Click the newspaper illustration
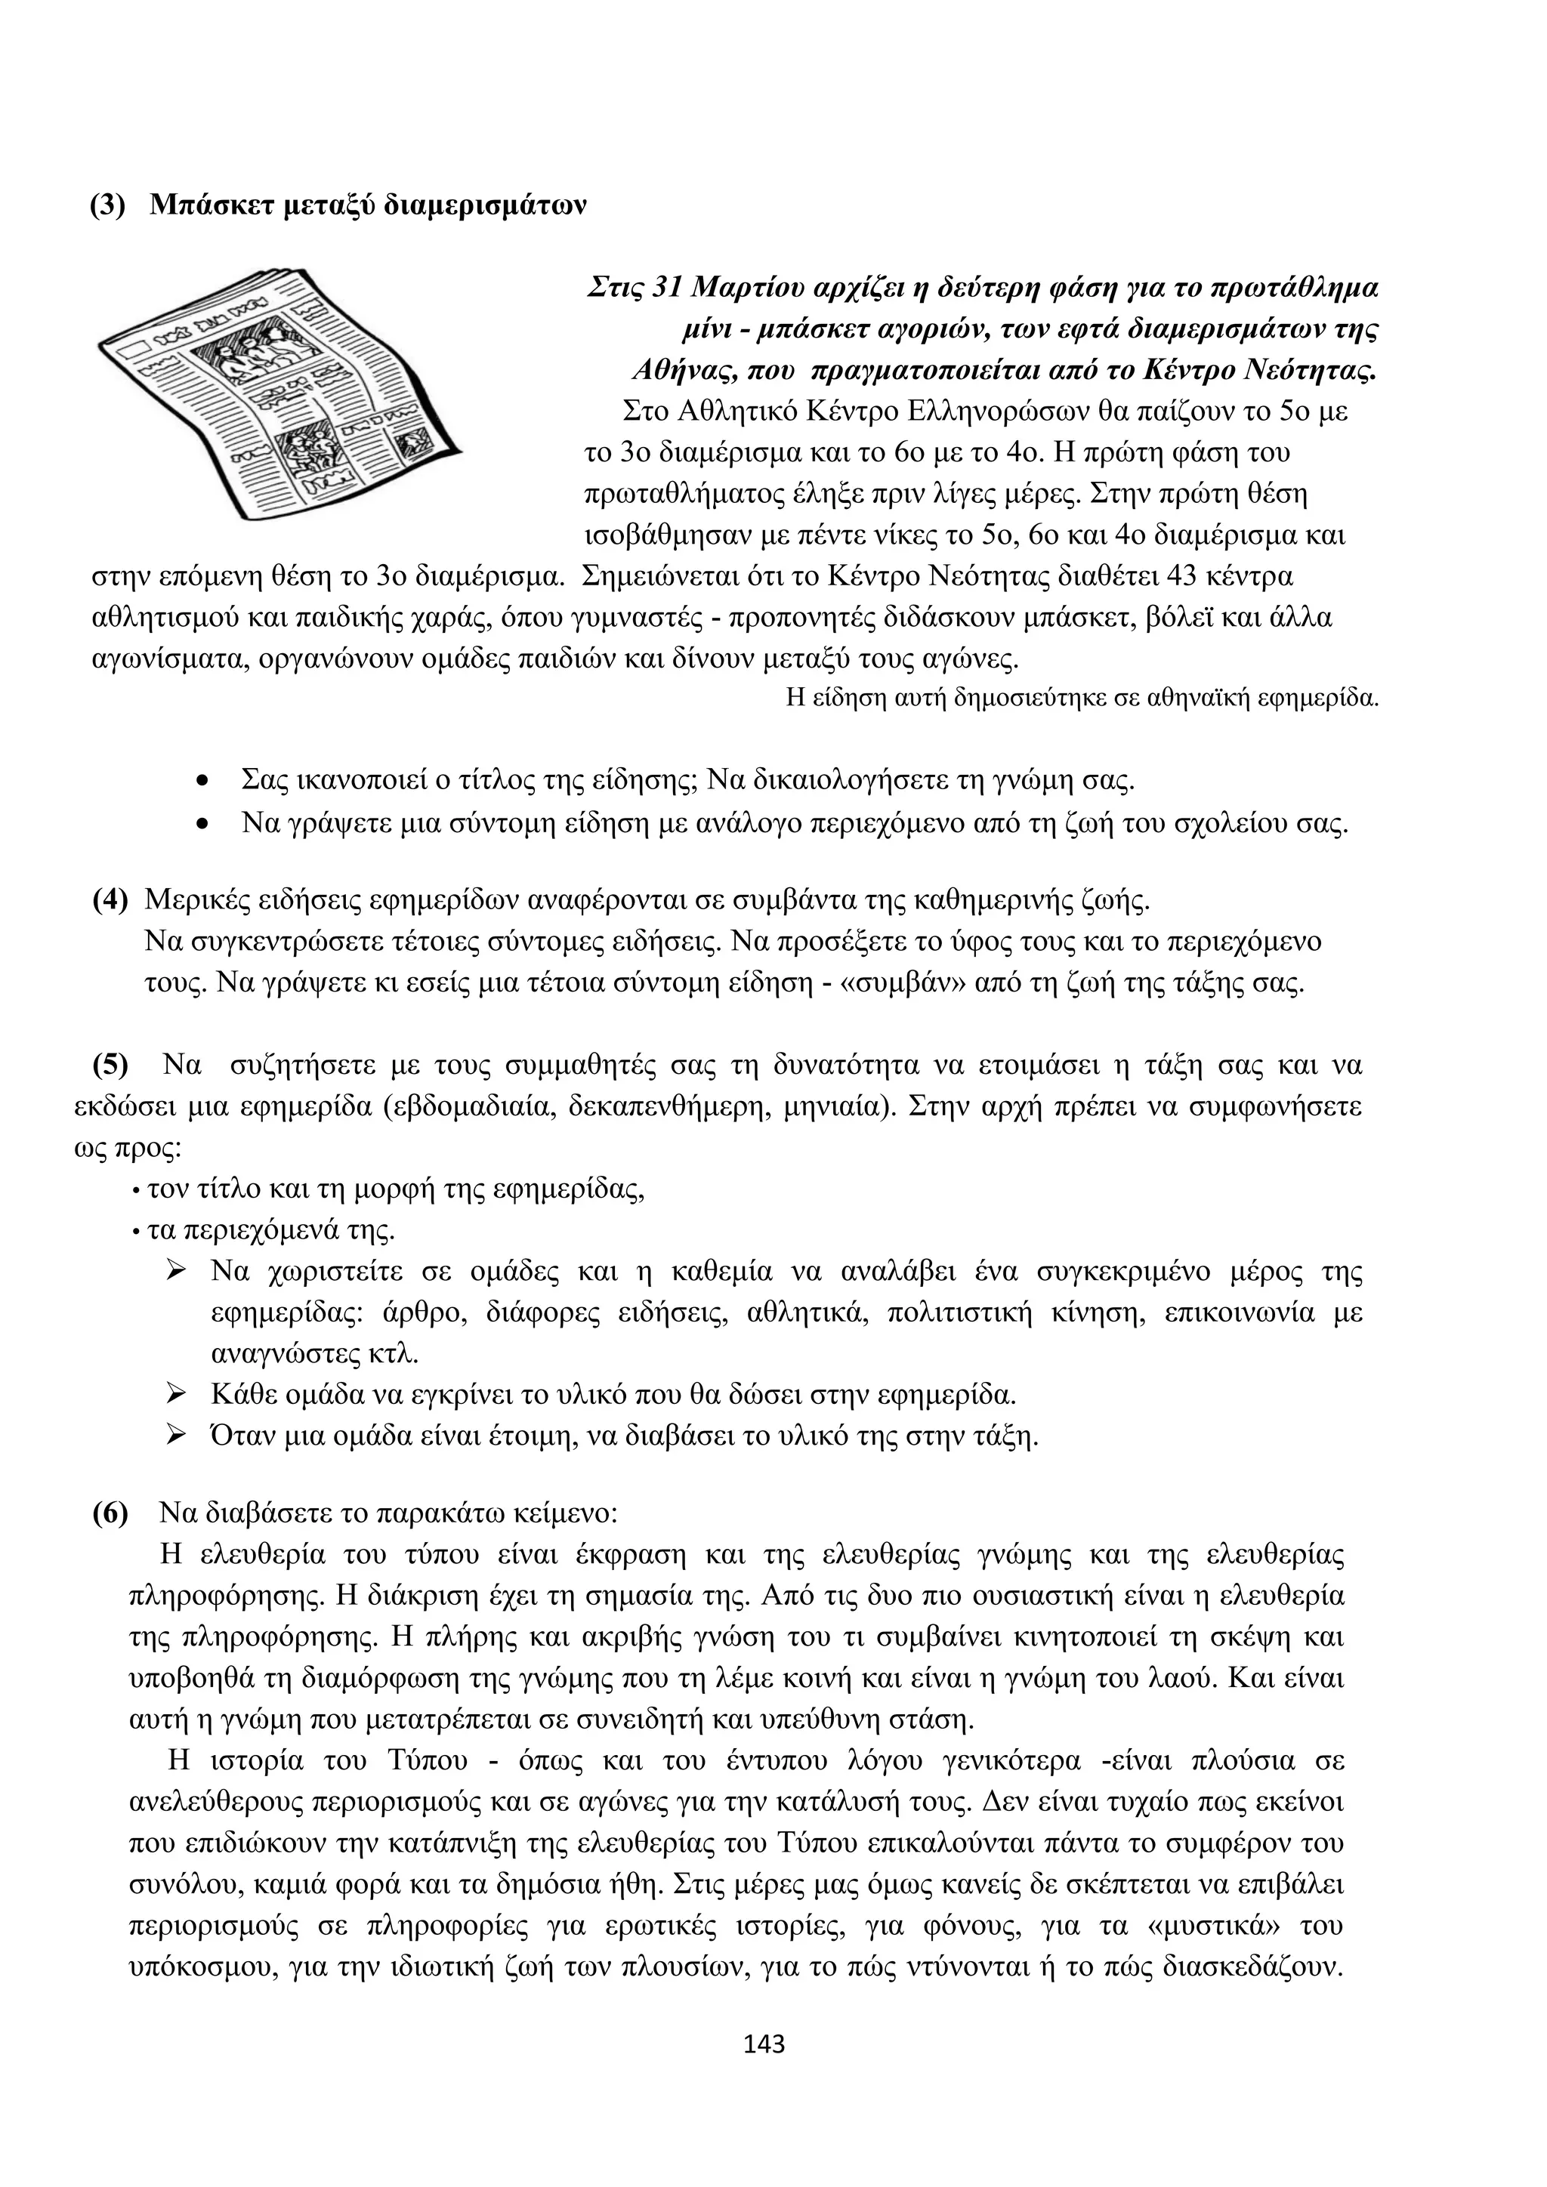point(281,395)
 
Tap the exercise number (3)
point(108,205)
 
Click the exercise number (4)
point(110,900)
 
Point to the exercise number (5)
point(110,1065)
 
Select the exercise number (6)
point(110,1513)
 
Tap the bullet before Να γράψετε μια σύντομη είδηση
point(201,824)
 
